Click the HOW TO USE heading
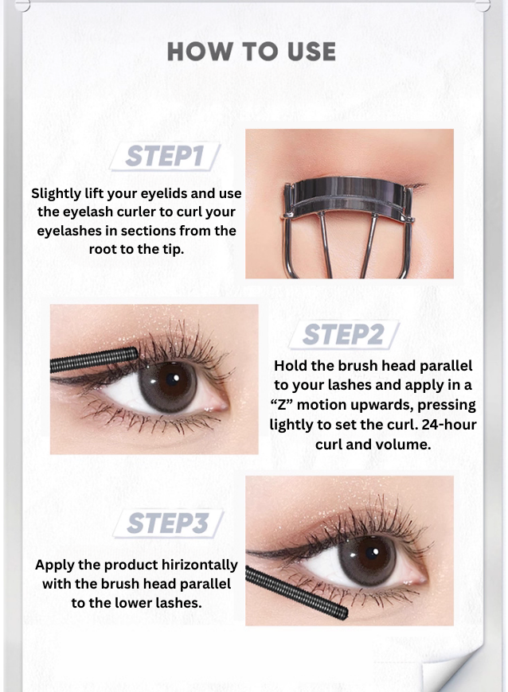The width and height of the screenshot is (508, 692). click(x=252, y=52)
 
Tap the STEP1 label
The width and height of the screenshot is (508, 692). click(x=164, y=156)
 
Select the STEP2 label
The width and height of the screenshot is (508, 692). click(x=343, y=335)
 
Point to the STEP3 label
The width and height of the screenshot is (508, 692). click(x=167, y=523)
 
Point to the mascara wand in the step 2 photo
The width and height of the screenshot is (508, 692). click(x=94, y=360)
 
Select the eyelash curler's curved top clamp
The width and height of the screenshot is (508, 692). click(x=348, y=191)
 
